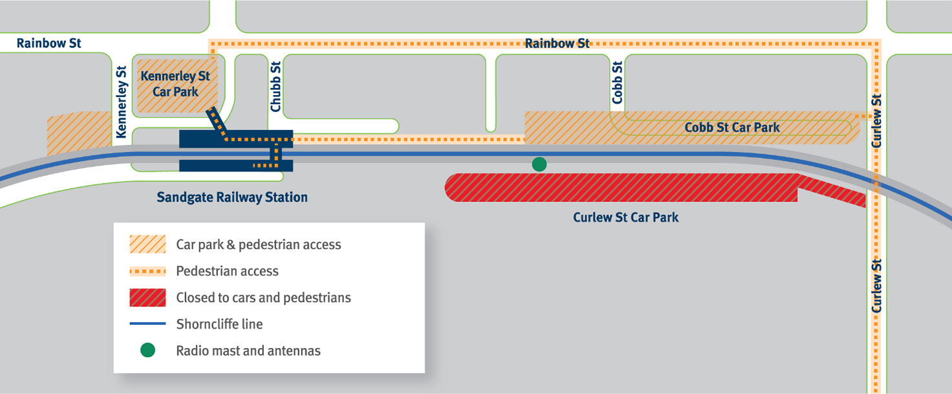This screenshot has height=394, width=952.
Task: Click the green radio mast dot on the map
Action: pyautogui.click(x=539, y=164)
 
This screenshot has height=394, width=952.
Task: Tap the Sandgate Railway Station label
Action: pyautogui.click(x=232, y=197)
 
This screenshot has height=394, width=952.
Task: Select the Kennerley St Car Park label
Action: pyautogui.click(x=175, y=84)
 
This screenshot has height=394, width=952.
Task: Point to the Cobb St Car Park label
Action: pyautogui.click(x=732, y=127)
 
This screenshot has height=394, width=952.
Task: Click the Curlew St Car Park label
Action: pyautogui.click(x=625, y=217)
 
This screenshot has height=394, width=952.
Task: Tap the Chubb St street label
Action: pyautogui.click(x=276, y=87)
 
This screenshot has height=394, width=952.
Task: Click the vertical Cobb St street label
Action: pyautogui.click(x=618, y=83)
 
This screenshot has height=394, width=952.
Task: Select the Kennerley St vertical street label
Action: pyautogui.click(x=121, y=102)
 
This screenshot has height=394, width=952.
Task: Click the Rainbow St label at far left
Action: pyautogui.click(x=49, y=43)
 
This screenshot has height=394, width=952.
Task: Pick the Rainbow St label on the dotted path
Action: pyautogui.click(x=557, y=43)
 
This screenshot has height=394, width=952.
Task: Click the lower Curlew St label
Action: pyautogui.click(x=877, y=286)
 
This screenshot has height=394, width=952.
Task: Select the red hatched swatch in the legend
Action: pyautogui.click(x=147, y=298)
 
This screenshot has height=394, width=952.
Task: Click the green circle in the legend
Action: pyautogui.click(x=147, y=351)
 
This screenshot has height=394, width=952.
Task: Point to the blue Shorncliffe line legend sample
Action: pyautogui.click(x=147, y=324)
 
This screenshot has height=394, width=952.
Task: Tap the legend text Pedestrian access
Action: pyautogui.click(x=227, y=271)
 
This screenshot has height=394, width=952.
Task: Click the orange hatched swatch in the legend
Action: pyautogui.click(x=147, y=245)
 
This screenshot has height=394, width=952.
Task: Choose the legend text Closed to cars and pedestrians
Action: pyautogui.click(x=263, y=298)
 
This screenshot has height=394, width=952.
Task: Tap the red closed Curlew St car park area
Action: pyautogui.click(x=621, y=188)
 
